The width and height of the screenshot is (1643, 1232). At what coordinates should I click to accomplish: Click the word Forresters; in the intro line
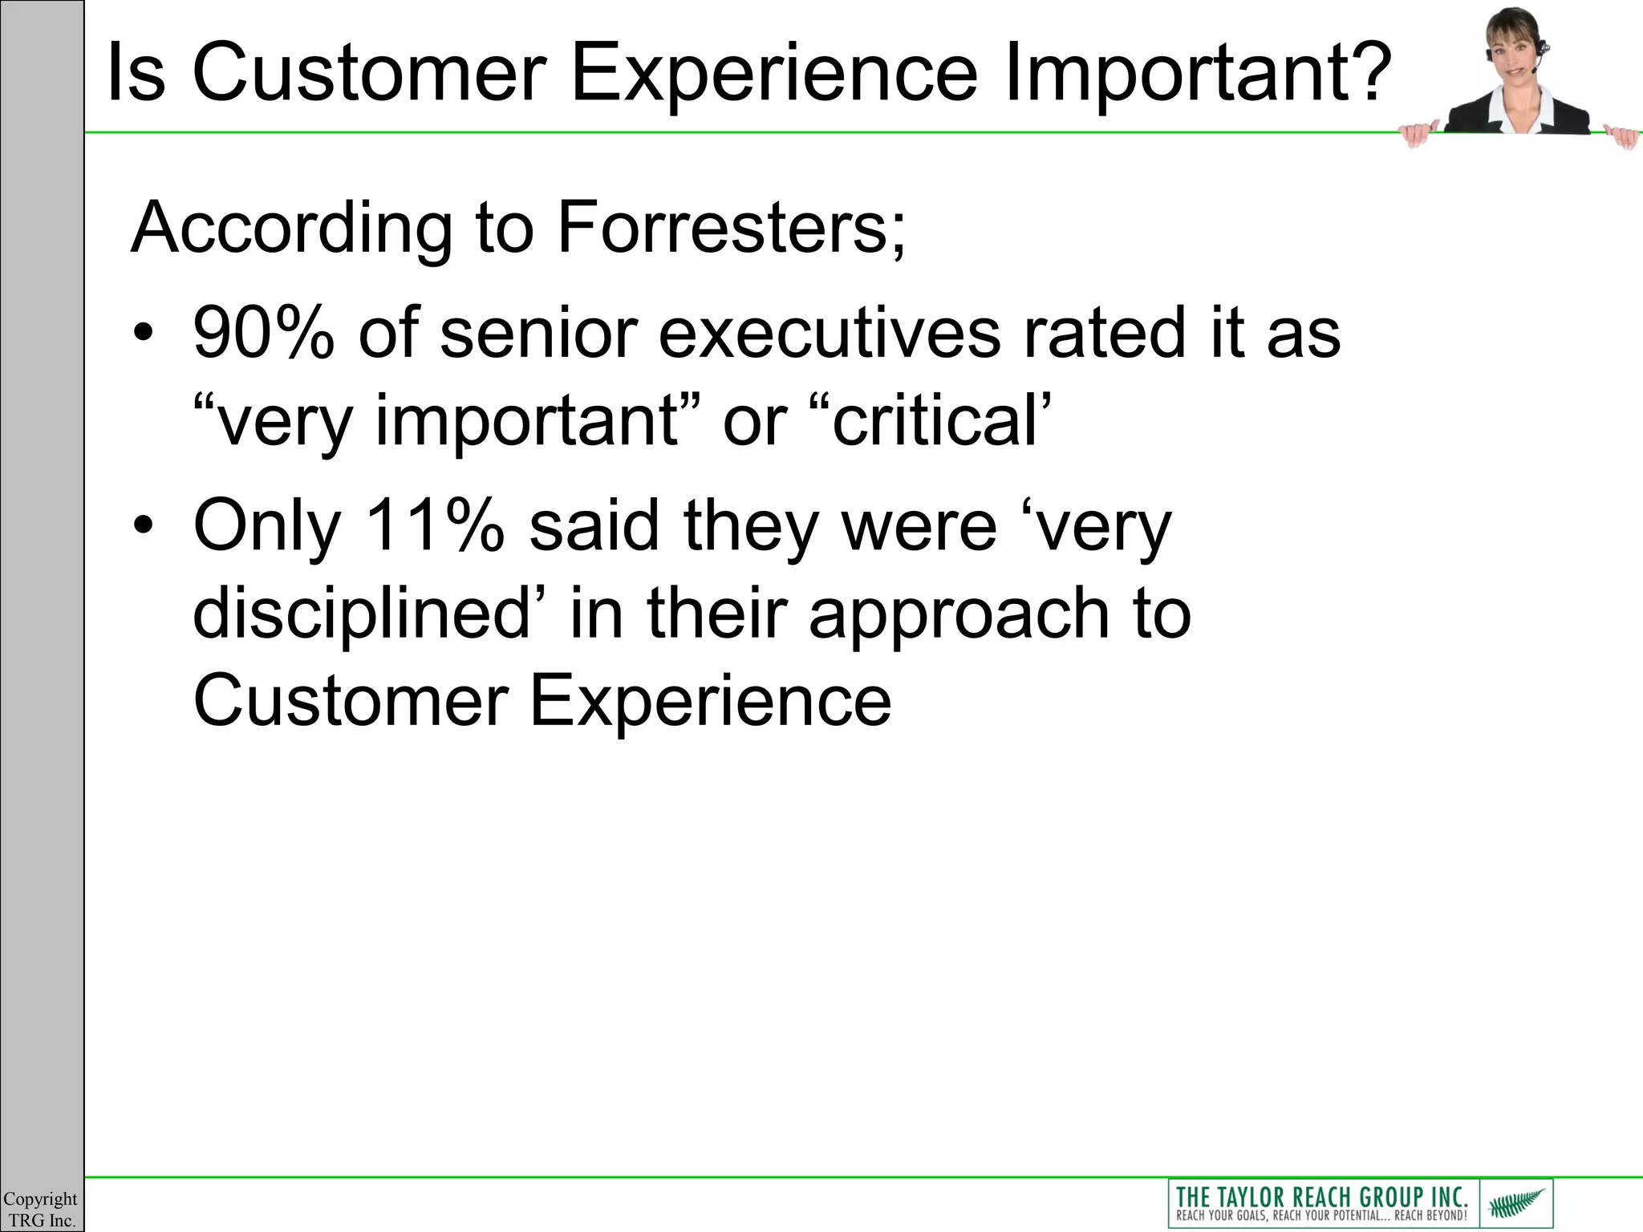731,228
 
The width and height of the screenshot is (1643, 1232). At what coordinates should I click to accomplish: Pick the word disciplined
362,614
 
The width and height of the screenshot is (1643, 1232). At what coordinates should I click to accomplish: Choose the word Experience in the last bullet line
710,702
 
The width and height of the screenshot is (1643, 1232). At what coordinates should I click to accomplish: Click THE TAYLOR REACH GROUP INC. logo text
1321,1197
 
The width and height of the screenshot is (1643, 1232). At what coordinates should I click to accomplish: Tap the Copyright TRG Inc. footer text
40,1210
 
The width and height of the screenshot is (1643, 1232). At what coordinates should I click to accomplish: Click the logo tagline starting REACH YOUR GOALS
1321,1215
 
